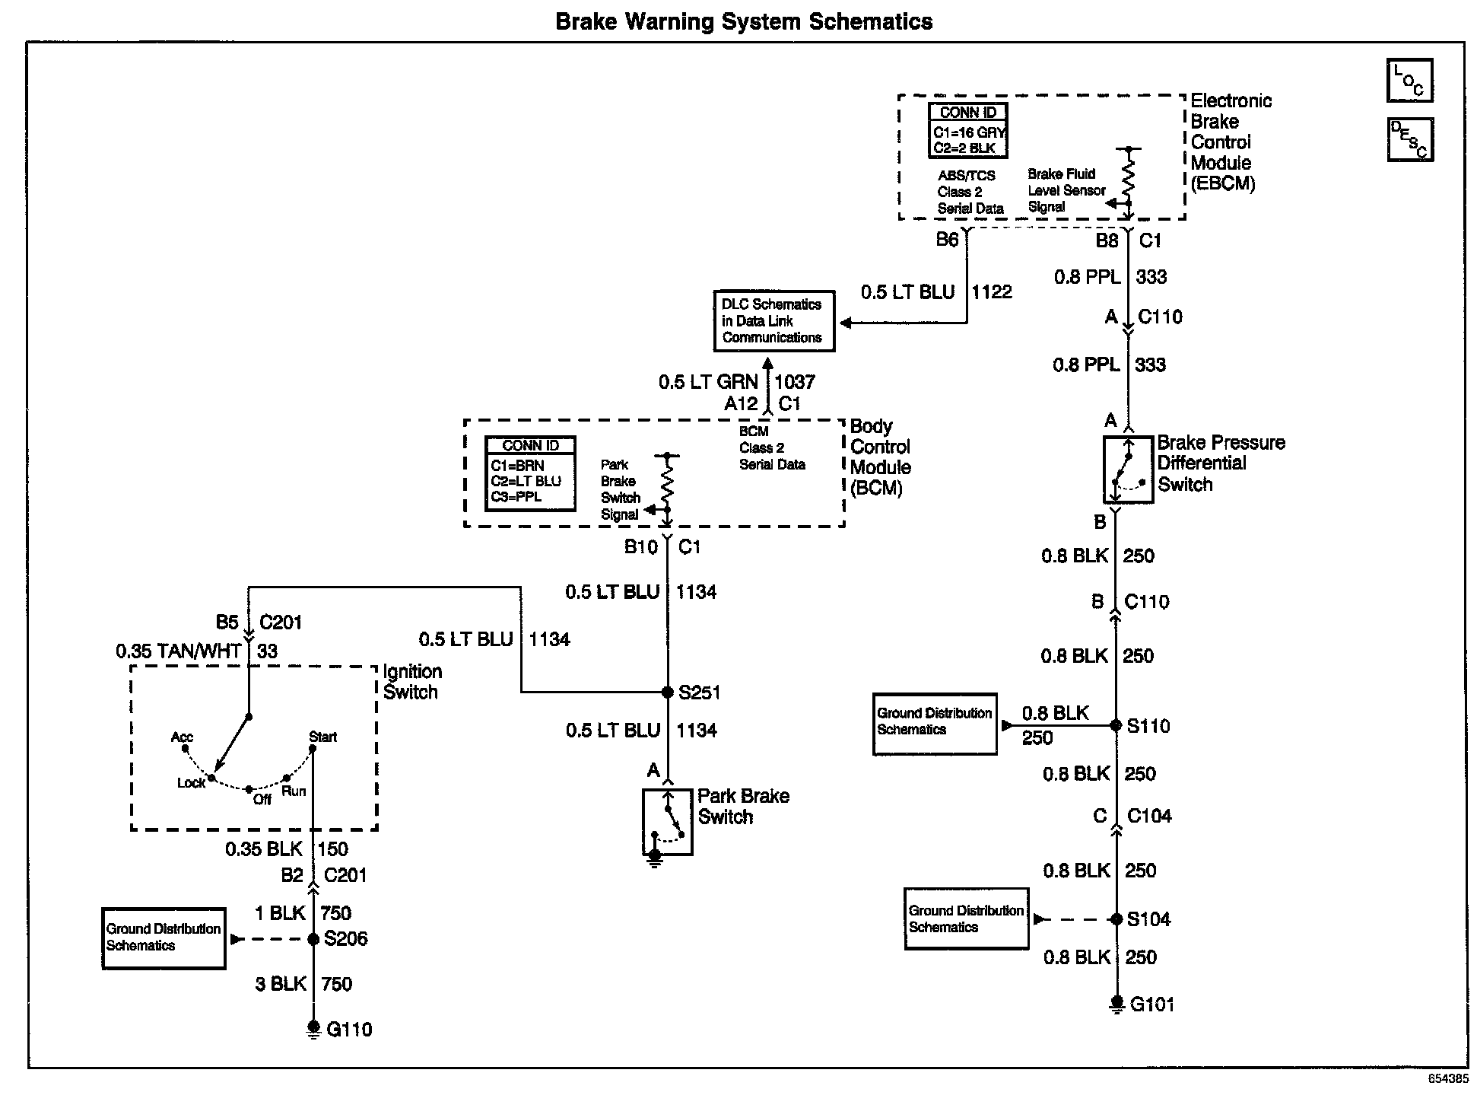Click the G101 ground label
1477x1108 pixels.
click(x=1152, y=1005)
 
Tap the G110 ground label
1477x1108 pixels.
click(x=349, y=1030)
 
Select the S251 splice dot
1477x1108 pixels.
click(x=667, y=692)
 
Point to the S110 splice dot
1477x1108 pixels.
click(x=1116, y=726)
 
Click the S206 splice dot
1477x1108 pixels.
click(x=313, y=939)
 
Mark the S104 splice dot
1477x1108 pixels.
click(x=1116, y=919)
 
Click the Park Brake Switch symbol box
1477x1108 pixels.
click(x=667, y=822)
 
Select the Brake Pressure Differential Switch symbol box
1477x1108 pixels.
click(x=1128, y=470)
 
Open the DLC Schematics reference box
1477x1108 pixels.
click(x=773, y=321)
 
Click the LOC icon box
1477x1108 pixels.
click(x=1409, y=80)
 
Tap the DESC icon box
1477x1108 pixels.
click(x=1409, y=139)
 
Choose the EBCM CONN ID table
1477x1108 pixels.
click(x=967, y=131)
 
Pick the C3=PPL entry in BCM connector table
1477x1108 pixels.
click(x=517, y=497)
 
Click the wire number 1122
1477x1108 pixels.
click(x=992, y=292)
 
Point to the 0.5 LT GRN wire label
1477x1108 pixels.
click(x=708, y=382)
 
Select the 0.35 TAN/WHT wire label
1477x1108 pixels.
click(x=178, y=651)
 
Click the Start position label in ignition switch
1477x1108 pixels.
click(x=322, y=737)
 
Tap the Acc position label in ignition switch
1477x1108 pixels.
click(x=182, y=737)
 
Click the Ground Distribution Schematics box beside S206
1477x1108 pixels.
click(x=164, y=938)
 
